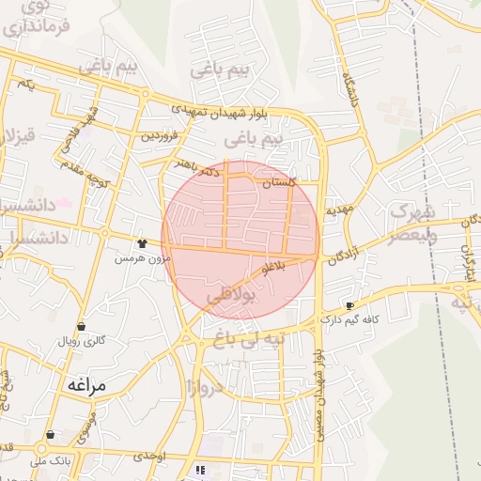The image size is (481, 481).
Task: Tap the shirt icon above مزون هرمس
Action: point(142,243)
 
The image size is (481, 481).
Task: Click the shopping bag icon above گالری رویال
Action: point(81,327)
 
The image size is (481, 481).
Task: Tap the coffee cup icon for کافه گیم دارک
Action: point(350,305)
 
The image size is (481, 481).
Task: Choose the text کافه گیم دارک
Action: point(349,319)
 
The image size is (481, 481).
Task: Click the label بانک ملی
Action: point(51,461)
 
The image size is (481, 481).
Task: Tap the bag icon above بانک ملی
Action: point(50,435)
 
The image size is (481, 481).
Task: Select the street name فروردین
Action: point(160,135)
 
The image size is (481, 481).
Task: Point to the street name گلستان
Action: point(279,183)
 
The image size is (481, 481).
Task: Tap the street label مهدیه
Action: point(338,210)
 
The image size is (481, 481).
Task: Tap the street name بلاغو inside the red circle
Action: point(273,268)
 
